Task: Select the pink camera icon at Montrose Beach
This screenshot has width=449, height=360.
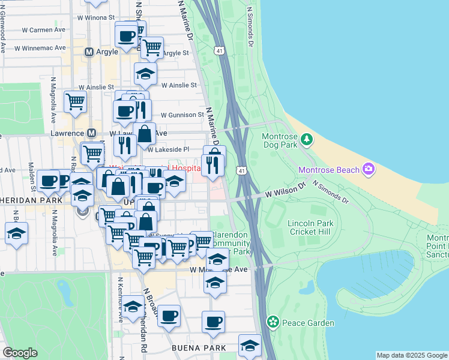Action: click(369, 170)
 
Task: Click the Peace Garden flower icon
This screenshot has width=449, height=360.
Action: click(273, 323)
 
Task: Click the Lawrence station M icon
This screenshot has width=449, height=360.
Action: click(92, 133)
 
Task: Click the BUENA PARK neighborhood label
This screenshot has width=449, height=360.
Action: click(199, 348)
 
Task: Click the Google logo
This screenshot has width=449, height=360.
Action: click(20, 353)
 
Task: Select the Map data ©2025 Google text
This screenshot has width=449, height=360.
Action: click(412, 355)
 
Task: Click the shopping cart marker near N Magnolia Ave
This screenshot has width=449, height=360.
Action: click(76, 101)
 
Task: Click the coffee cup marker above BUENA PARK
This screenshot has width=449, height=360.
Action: click(213, 322)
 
